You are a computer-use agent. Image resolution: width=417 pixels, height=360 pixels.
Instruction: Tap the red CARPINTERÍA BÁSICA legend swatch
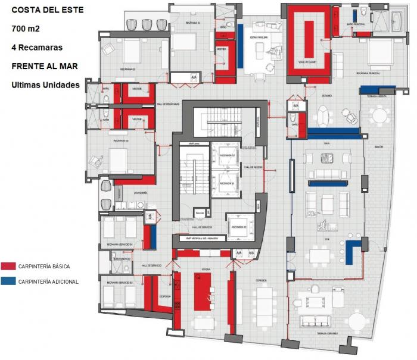coord(8,267)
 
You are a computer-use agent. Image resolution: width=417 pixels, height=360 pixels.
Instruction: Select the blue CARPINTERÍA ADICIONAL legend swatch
coord(8,281)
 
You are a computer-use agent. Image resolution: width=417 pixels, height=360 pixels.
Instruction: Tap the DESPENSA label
coord(166,295)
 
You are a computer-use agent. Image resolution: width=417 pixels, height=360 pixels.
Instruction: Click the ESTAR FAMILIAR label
coord(258,37)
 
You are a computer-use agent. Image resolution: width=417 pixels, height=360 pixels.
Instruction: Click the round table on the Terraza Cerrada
coord(357,322)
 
